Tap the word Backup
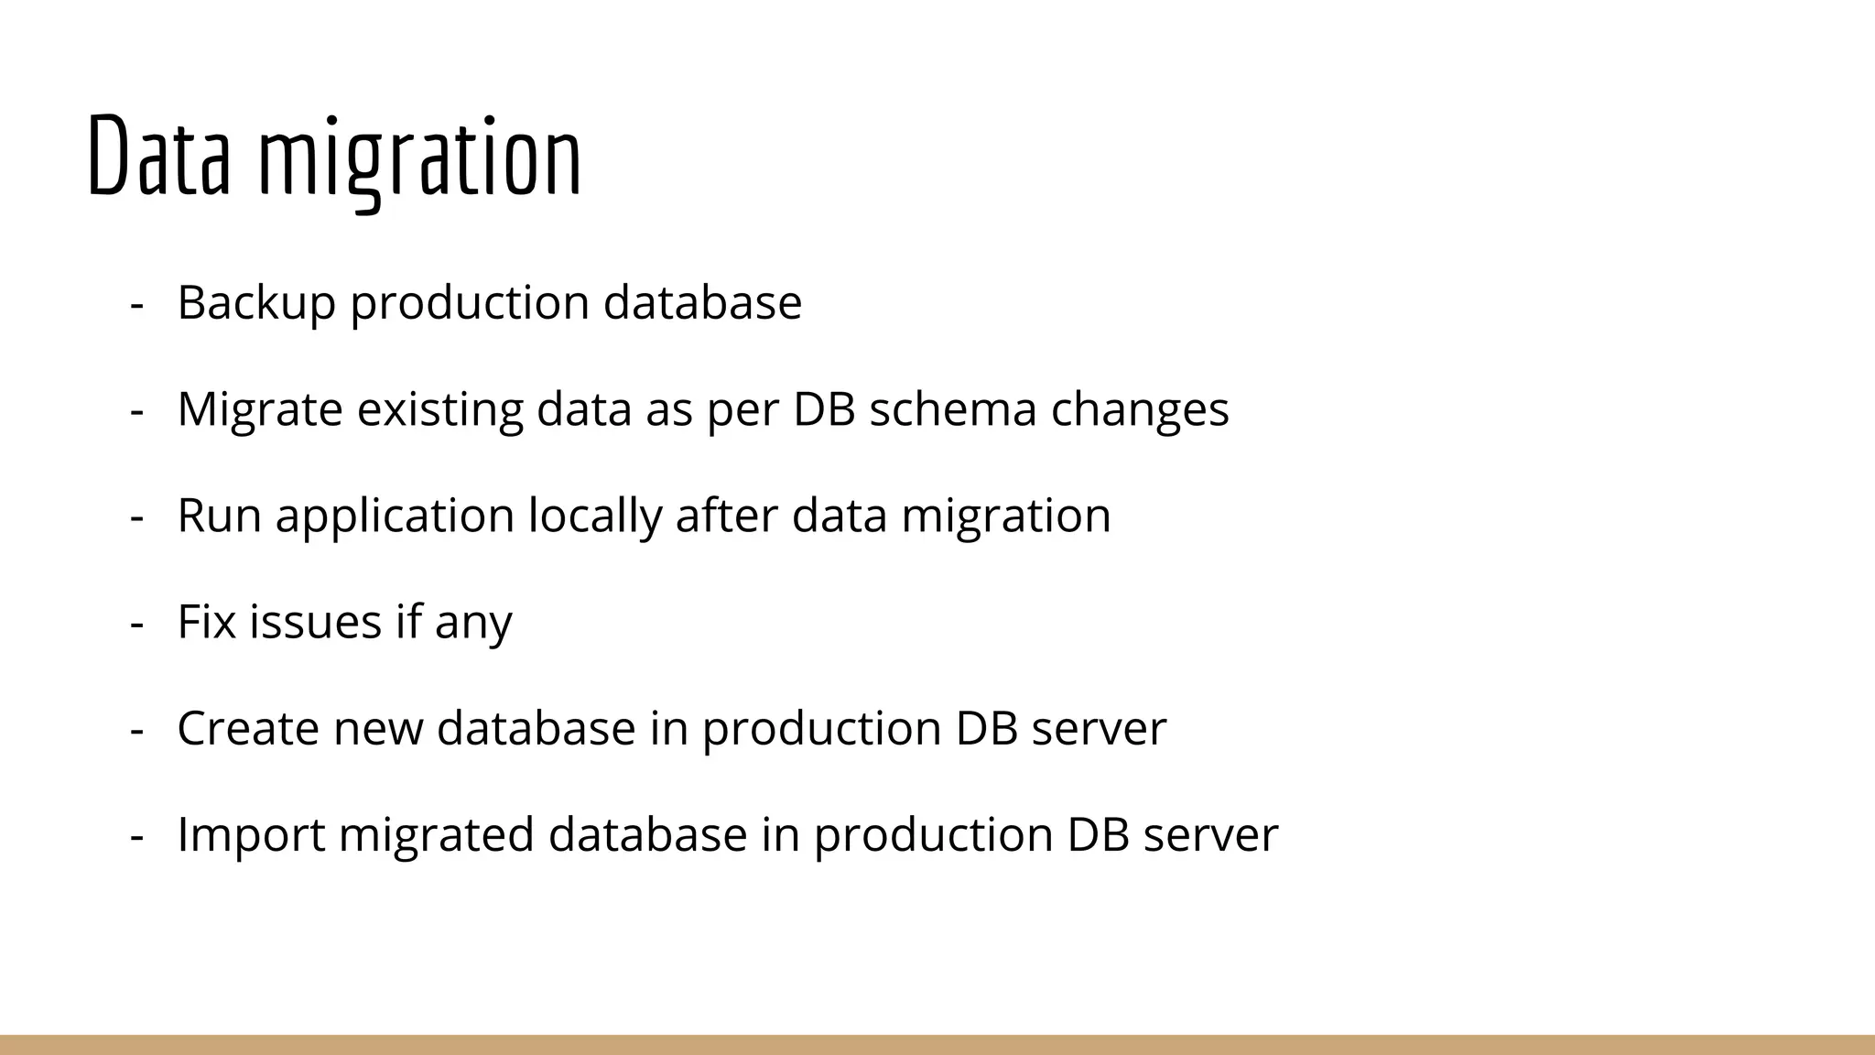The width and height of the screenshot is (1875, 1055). click(x=256, y=302)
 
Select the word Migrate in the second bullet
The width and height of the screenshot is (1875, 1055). click(x=260, y=409)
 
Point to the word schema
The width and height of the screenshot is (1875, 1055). click(x=952, y=408)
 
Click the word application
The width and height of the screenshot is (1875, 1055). click(x=396, y=517)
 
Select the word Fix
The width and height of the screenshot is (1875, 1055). click(x=207, y=621)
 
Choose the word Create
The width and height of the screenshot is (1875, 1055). click(x=248, y=728)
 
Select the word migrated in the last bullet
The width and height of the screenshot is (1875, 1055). click(x=437, y=835)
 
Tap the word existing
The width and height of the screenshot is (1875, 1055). click(x=439, y=409)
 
